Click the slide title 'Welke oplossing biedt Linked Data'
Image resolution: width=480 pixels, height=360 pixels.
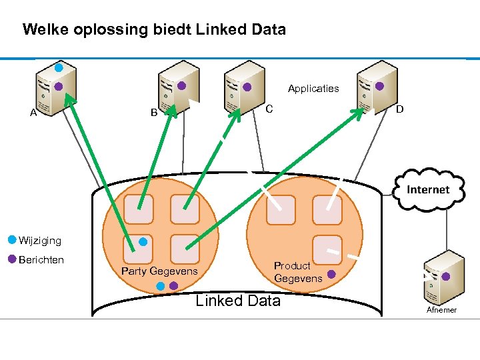(x=154, y=30)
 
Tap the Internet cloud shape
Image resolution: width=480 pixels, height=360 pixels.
(x=428, y=189)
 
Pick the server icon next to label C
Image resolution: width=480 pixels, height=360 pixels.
(x=244, y=85)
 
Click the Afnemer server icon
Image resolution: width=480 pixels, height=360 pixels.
(x=439, y=277)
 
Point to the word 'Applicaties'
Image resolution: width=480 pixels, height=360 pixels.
(x=313, y=88)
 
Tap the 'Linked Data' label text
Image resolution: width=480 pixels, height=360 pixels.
(x=238, y=301)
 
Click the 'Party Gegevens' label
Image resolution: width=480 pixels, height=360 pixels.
(x=159, y=271)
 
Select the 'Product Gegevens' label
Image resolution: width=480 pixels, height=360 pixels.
(x=297, y=272)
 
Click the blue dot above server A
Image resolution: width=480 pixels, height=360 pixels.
(x=59, y=67)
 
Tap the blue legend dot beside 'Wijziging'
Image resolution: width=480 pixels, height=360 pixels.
(x=12, y=239)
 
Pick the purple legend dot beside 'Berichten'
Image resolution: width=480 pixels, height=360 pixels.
(x=12, y=259)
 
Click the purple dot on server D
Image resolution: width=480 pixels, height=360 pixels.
(x=379, y=85)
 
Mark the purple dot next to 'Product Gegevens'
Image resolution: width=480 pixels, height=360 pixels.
(x=331, y=273)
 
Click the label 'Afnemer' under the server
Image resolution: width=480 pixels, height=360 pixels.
(x=441, y=310)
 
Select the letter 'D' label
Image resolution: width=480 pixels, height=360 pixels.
(x=399, y=109)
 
